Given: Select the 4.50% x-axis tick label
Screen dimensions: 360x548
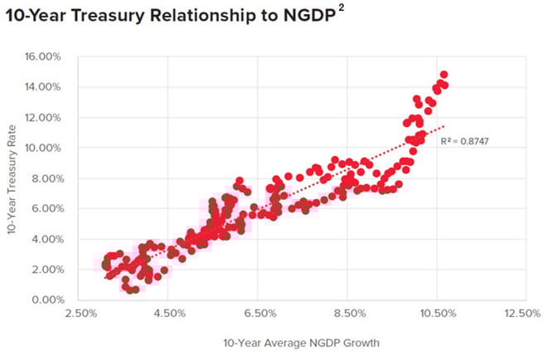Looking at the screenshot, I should click(x=169, y=314).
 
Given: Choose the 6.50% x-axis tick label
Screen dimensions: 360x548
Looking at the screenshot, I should click(x=259, y=314).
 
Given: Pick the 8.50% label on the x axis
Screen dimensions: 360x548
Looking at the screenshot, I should click(x=348, y=314).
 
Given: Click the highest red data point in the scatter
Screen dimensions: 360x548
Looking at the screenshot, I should click(x=444, y=75).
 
